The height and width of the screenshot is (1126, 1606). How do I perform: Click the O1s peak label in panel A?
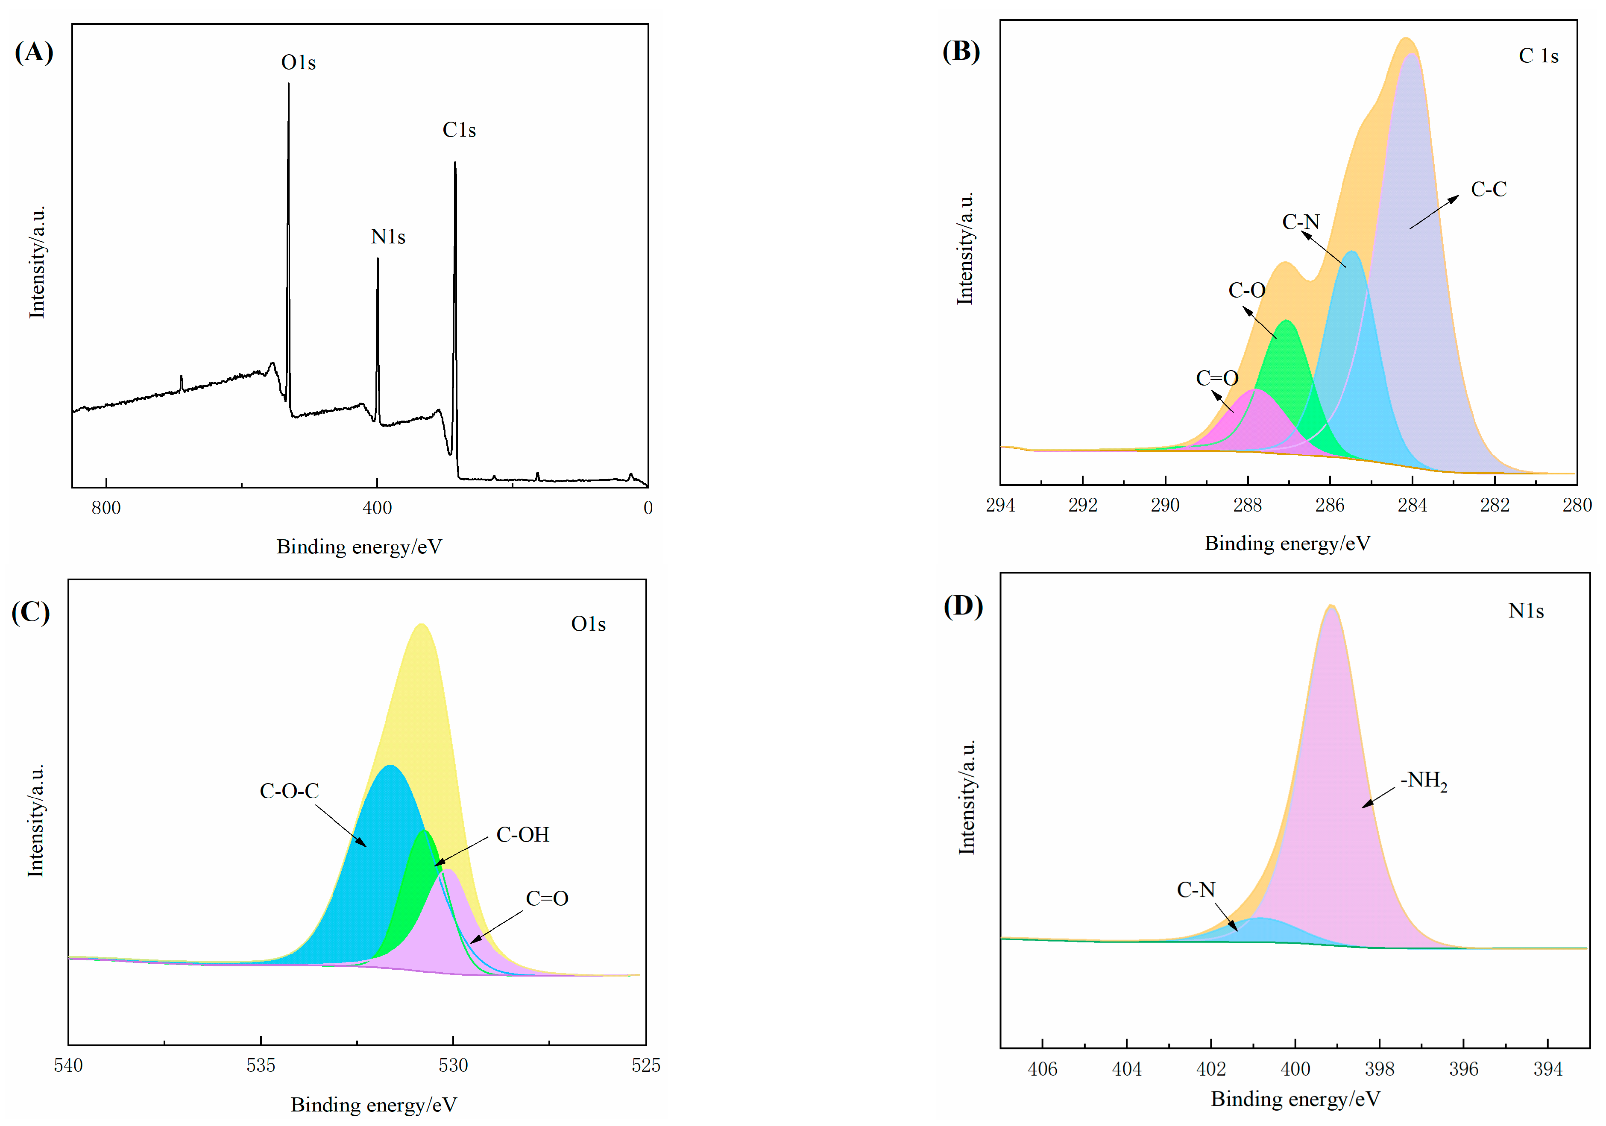[298, 63]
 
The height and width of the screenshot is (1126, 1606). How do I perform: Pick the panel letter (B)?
[961, 51]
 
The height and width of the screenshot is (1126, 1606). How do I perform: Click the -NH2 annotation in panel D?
[1424, 781]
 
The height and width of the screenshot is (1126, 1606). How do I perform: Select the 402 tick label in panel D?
[1211, 1069]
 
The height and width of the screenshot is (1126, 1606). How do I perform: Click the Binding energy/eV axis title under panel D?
[1295, 1099]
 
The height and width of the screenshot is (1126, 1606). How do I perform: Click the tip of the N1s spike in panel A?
[378, 260]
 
